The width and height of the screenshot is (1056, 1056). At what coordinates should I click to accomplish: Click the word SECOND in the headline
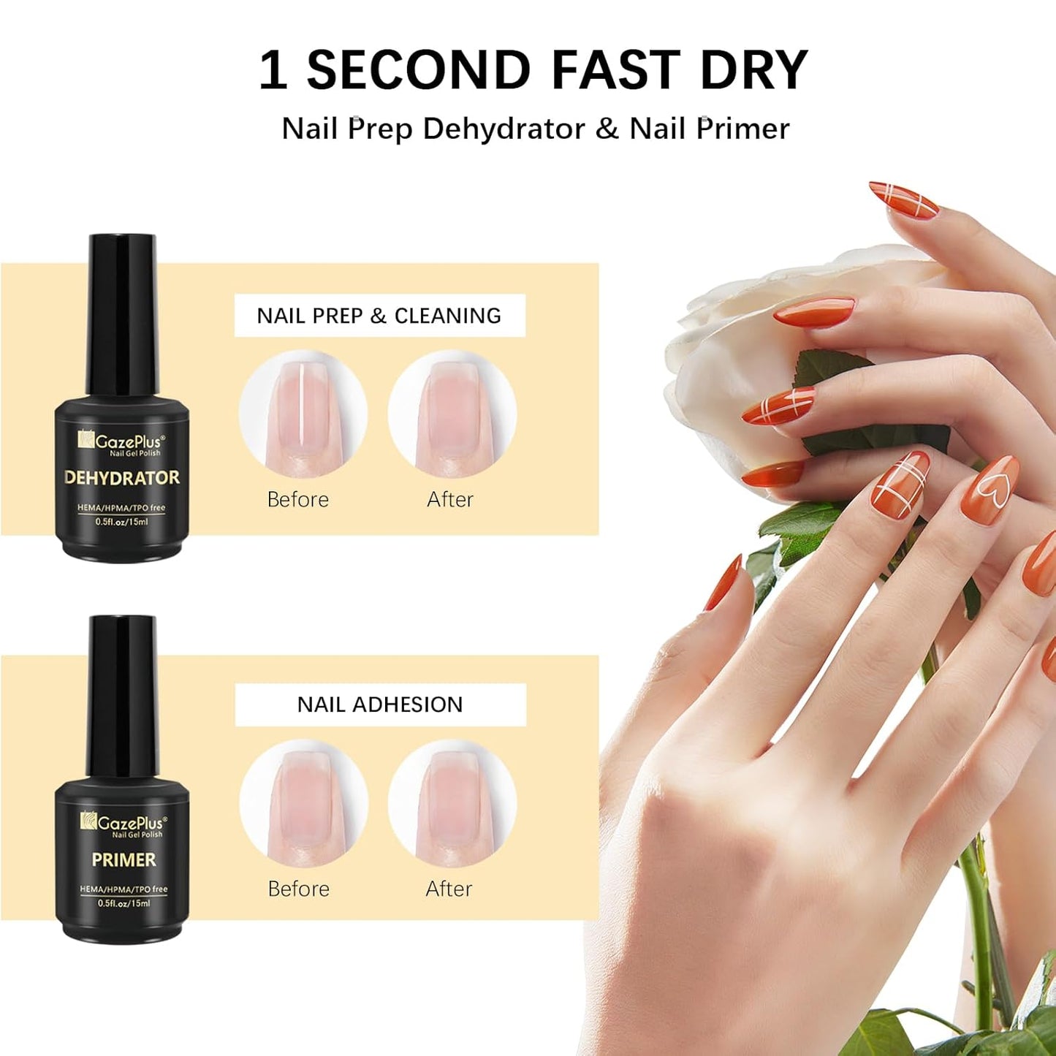coord(418,70)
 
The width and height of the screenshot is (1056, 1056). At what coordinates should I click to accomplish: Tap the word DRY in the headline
coord(753,70)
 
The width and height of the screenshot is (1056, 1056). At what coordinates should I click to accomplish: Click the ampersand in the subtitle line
coord(606,129)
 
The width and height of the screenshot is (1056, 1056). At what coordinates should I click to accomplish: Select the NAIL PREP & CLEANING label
coord(379,316)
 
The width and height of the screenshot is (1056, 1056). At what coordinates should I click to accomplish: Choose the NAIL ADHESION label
coord(380,704)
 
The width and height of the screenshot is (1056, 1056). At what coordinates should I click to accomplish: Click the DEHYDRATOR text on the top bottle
coord(122,478)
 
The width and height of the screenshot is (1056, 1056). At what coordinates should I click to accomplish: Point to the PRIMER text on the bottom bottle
coord(124,860)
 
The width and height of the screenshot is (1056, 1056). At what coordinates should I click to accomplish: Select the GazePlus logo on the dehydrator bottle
coord(122,442)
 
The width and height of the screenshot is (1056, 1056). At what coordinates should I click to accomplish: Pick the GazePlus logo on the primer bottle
coord(124,824)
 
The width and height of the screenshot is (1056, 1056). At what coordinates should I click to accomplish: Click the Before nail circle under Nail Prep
coord(303,414)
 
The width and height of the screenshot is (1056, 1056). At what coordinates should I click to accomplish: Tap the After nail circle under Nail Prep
coord(452,414)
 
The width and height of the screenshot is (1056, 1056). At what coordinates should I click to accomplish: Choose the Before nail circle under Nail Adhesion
coord(303,802)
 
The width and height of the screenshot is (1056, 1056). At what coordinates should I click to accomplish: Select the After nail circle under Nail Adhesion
coord(452,802)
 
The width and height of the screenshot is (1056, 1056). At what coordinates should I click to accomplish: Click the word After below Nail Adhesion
coord(449,889)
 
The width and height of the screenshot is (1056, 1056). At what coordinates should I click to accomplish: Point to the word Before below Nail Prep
coord(298,500)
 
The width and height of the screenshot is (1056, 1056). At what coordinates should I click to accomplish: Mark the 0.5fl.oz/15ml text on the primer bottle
coord(124,903)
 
